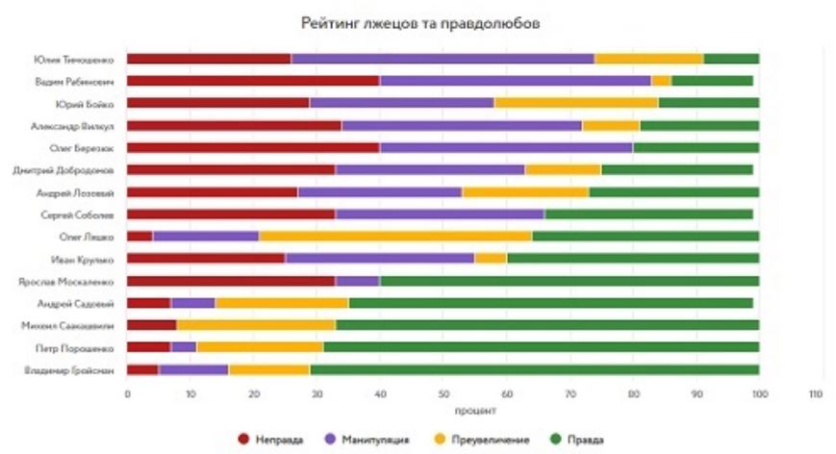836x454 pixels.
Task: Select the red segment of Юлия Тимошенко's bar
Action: coord(209,59)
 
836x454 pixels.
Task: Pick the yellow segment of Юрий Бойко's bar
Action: coord(575,103)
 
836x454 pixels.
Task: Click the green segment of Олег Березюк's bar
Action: coord(696,148)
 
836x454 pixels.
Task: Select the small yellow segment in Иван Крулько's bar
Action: coord(491,259)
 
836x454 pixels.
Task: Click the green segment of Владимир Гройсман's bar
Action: coord(534,369)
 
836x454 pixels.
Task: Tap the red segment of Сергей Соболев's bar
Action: coord(231,214)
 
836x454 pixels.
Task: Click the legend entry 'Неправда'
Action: coord(272,439)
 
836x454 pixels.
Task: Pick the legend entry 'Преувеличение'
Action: coord(487,439)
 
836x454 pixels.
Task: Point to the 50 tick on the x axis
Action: coord(443,394)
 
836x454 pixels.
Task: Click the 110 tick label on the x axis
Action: coord(817,394)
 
